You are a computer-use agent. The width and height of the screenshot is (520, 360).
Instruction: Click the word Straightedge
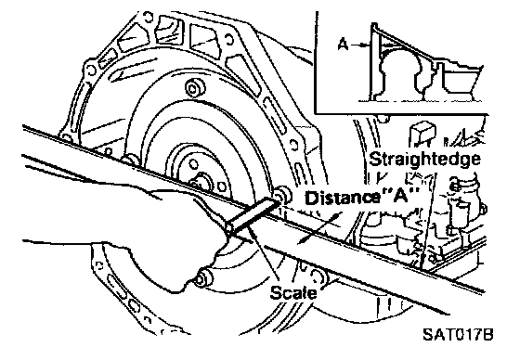[425, 159]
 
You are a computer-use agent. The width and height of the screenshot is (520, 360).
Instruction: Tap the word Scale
[293, 293]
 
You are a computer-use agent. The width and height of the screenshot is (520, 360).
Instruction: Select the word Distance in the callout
[342, 198]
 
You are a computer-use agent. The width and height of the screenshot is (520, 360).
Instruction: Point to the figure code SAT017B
[458, 334]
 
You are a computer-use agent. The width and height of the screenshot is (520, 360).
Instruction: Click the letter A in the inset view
[344, 45]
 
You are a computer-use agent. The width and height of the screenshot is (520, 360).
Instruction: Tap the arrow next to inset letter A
[360, 45]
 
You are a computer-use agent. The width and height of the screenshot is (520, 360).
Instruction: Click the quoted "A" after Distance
[399, 196]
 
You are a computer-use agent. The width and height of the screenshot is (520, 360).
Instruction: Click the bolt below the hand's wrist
[203, 279]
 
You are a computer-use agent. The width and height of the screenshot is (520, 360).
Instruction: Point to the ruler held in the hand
[252, 215]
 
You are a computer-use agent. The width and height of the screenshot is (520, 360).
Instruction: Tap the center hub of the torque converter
[201, 182]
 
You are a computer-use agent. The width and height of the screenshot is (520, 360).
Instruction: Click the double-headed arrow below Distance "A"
[319, 229]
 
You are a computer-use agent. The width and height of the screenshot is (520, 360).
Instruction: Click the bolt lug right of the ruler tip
[282, 195]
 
